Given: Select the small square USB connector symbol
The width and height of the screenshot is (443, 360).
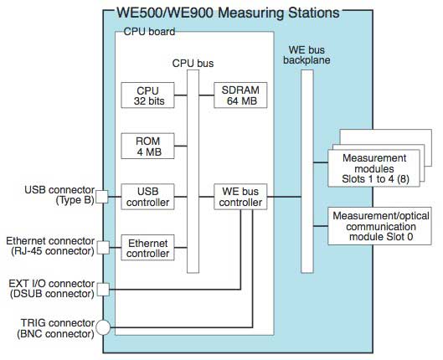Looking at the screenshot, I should (x=101, y=197).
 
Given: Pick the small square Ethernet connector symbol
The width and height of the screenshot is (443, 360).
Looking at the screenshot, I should (x=101, y=247).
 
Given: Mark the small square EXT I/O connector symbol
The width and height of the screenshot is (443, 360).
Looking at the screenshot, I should (x=101, y=290).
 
